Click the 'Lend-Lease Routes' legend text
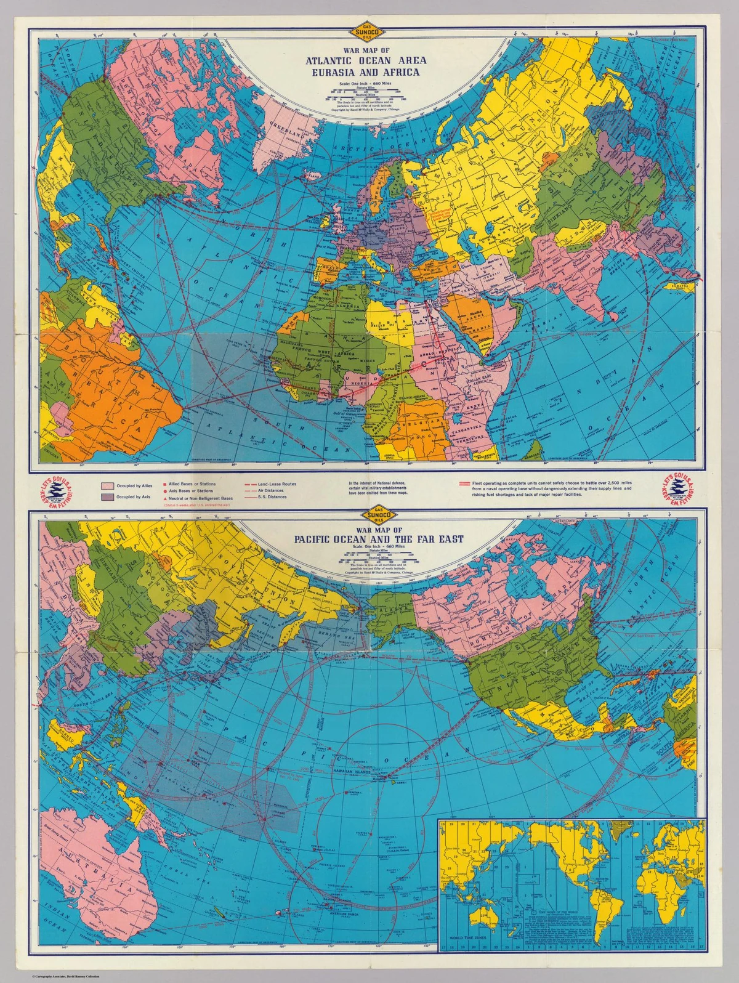277,484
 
